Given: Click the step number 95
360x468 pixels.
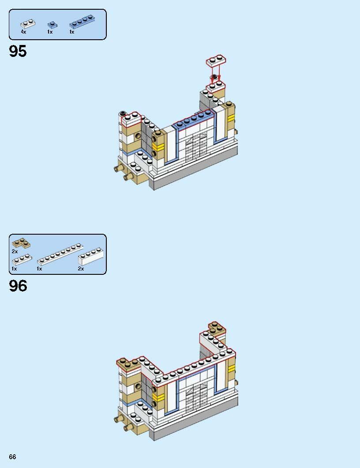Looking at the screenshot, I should pyautogui.click(x=18, y=52).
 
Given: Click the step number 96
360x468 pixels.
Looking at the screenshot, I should pyautogui.click(x=18, y=286).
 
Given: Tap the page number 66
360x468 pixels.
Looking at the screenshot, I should pyautogui.click(x=12, y=457).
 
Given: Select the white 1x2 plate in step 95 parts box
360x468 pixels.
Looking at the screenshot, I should pyautogui.click(x=27, y=24).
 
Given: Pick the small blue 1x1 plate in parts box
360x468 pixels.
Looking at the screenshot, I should pyautogui.click(x=52, y=24).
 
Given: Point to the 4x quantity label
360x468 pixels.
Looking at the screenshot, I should pyautogui.click(x=23, y=32).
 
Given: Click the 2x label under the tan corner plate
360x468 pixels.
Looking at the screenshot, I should pyautogui.click(x=15, y=251).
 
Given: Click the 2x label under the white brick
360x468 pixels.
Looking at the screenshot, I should pyautogui.click(x=81, y=269).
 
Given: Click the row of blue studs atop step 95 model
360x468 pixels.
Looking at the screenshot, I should pyautogui.click(x=194, y=120).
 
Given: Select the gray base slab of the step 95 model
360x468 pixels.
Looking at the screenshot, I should pyautogui.click(x=194, y=176).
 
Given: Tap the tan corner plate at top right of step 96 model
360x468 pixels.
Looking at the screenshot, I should pyautogui.click(x=216, y=328).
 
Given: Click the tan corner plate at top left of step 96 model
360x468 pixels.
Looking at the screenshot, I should pyautogui.click(x=128, y=363).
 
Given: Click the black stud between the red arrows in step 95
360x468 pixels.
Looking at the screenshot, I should pyautogui.click(x=214, y=77).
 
